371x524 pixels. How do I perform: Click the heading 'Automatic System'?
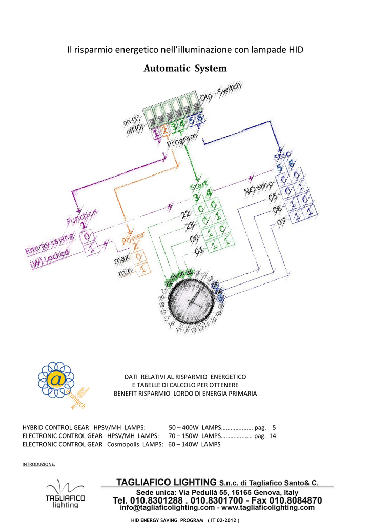[185, 68]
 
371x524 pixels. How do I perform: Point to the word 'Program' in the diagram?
[182, 141]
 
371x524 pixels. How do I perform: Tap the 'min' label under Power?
[125, 274]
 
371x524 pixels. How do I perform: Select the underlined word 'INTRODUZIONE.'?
[39, 464]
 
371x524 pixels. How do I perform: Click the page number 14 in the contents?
[273, 436]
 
